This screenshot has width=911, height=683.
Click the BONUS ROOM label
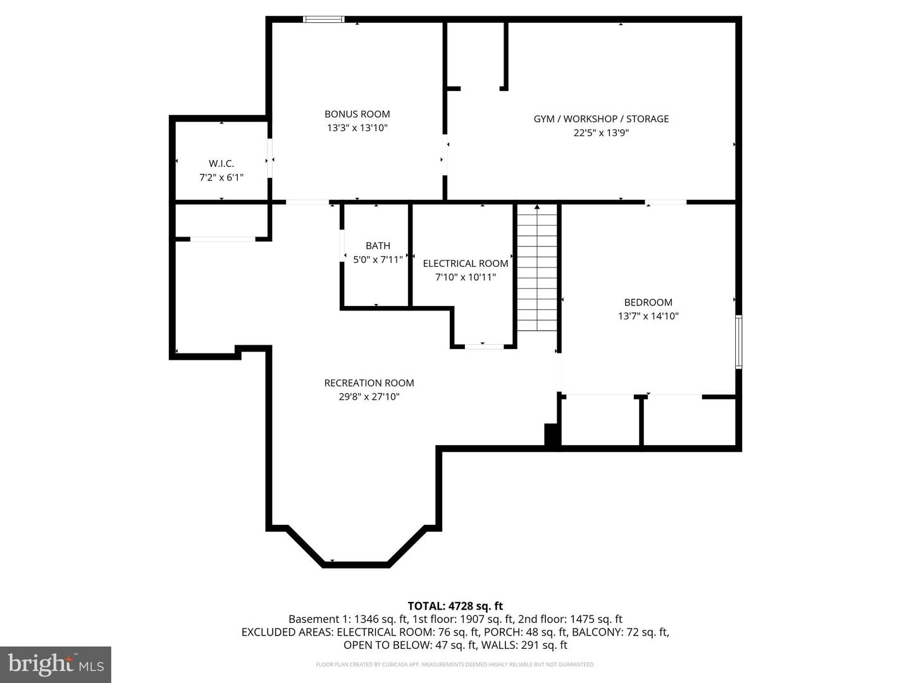click(x=357, y=114)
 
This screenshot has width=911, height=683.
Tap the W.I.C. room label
click(x=221, y=163)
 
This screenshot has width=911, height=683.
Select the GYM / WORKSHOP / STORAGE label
click(x=601, y=119)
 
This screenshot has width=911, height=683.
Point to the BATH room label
click(x=378, y=245)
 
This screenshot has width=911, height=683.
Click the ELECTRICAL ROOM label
click(x=466, y=263)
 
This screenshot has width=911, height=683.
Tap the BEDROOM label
click(x=648, y=302)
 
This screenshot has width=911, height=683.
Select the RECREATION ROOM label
click(x=369, y=383)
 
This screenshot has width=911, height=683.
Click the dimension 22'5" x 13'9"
click(x=601, y=133)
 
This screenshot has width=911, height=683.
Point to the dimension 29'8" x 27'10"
click(x=369, y=397)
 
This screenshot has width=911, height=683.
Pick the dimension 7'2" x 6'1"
click(x=221, y=178)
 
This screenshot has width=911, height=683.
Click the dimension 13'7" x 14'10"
click(x=648, y=316)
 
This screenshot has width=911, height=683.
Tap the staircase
click(x=537, y=269)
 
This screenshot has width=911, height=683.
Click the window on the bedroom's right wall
click(x=738, y=341)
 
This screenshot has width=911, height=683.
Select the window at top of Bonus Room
click(x=324, y=20)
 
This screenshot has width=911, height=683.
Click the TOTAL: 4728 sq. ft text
click(x=455, y=606)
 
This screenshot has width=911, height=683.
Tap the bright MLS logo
click(x=56, y=664)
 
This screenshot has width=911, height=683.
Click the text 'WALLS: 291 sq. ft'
click(x=524, y=645)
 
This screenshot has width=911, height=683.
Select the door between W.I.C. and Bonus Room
click(x=270, y=158)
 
